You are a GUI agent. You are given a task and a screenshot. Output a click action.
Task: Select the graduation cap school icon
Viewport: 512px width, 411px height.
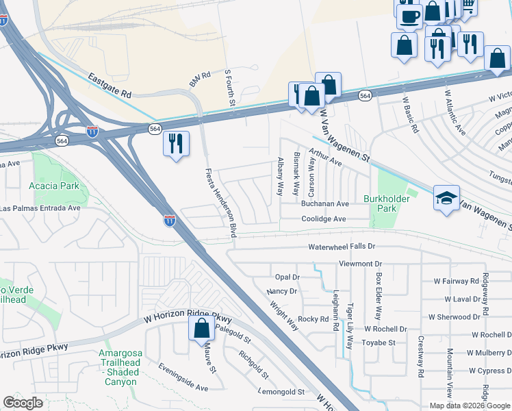[446, 199]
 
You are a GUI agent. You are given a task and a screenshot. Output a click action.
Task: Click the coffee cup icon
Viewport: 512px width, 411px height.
[409, 16]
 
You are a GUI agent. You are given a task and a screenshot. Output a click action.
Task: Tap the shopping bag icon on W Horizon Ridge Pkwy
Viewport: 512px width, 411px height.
[201, 329]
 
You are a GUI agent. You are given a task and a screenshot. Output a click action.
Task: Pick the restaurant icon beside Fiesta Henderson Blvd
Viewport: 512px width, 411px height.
[176, 144]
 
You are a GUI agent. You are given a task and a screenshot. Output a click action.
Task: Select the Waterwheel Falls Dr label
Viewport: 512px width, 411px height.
[342, 246]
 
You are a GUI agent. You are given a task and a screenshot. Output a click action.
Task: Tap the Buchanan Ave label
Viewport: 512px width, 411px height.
[325, 204]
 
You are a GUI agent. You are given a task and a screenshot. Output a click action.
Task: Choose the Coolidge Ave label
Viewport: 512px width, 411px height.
[324, 219]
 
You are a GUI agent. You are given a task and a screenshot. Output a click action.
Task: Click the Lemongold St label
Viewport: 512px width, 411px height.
[281, 392]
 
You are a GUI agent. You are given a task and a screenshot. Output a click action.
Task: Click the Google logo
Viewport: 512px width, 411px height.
[23, 403]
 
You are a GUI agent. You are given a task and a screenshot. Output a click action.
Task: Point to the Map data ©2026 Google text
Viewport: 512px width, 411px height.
[469, 406]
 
